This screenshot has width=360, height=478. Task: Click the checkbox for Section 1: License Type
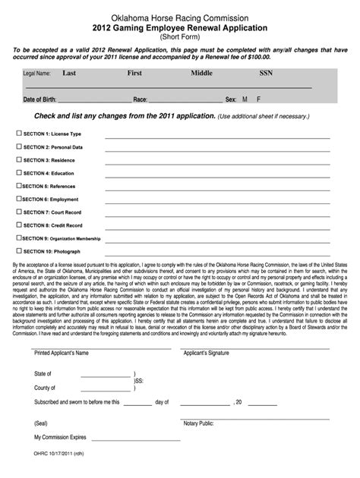[x=20, y=133]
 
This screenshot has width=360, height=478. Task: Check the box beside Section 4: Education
[x=20, y=172]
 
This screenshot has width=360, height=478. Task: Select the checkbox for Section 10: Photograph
[x=20, y=250]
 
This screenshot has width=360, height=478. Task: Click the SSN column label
[x=266, y=74]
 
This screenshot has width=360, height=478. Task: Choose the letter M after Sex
[x=245, y=99]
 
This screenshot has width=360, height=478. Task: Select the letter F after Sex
[x=259, y=99]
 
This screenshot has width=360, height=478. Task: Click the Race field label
[x=141, y=99]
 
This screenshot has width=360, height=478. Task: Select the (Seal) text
[x=42, y=423]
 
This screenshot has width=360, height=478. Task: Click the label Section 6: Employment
[x=54, y=199]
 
